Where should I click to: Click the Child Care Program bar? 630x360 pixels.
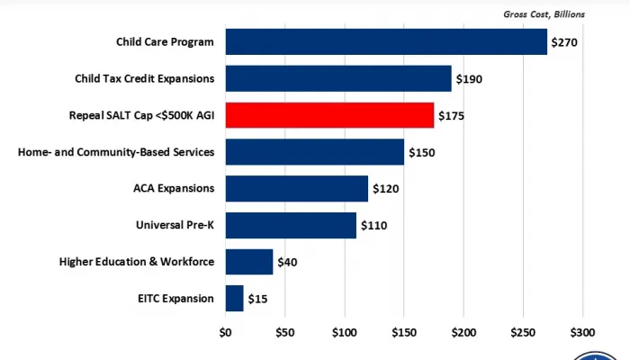(x=386, y=42)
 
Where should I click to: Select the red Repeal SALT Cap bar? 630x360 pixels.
(x=329, y=115)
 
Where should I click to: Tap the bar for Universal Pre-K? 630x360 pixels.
(x=291, y=225)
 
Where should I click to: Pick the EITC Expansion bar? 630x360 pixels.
(x=234, y=298)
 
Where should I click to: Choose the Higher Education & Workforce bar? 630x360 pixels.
(x=248, y=262)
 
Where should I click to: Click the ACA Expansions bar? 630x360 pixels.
(x=296, y=188)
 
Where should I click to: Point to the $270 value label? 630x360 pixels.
(x=563, y=42)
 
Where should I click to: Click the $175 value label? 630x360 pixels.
(x=450, y=115)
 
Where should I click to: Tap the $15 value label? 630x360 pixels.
(x=257, y=298)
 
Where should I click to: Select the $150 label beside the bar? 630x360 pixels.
(x=421, y=152)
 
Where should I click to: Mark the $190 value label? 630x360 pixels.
(x=469, y=79)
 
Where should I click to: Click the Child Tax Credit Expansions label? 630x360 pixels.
(x=145, y=79)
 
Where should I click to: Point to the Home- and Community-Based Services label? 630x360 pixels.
(x=116, y=152)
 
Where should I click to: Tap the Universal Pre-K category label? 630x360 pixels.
(x=174, y=225)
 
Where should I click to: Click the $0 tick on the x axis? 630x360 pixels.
(x=225, y=331)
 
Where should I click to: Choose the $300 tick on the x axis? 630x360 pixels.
(x=583, y=331)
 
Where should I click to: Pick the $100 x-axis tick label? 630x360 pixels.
(x=345, y=331)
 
